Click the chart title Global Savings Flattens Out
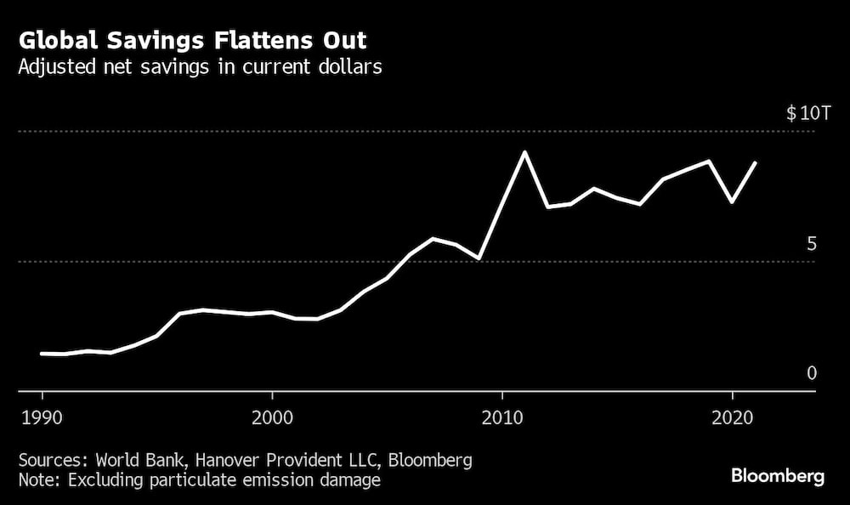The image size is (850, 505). pyautogui.click(x=193, y=41)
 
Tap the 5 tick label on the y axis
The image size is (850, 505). pyautogui.click(x=811, y=245)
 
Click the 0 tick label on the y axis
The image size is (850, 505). pyautogui.click(x=811, y=373)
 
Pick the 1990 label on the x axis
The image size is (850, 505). pyautogui.click(x=42, y=417)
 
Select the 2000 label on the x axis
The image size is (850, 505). pyautogui.click(x=272, y=417)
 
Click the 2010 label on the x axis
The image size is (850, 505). pyautogui.click(x=502, y=417)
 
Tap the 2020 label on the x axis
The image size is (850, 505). pyautogui.click(x=732, y=417)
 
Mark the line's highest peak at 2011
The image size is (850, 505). pyautogui.click(x=525, y=152)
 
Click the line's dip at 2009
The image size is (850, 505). pyautogui.click(x=479, y=258)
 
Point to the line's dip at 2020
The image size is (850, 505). pyautogui.click(x=732, y=202)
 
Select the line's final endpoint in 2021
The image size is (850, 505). pyautogui.click(x=755, y=162)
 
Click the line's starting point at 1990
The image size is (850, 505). pyautogui.click(x=42, y=353)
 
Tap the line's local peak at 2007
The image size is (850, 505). pyautogui.click(x=433, y=239)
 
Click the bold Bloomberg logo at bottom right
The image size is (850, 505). pyautogui.click(x=779, y=477)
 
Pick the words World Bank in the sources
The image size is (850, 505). pyautogui.click(x=131, y=461)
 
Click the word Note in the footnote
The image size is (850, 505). pyautogui.click(x=37, y=480)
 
